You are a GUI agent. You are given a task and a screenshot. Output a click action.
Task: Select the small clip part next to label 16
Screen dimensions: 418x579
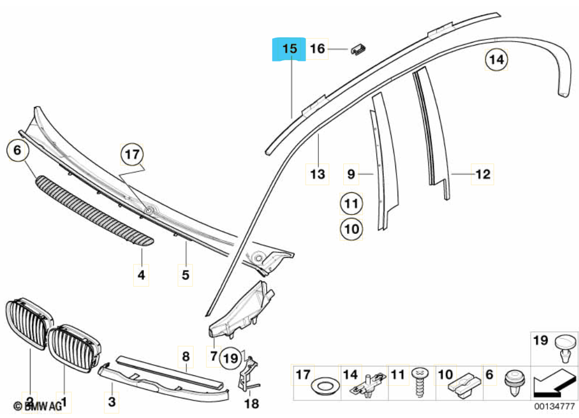[359, 49]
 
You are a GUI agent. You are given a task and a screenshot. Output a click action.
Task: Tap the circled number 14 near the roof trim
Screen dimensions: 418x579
[497, 60]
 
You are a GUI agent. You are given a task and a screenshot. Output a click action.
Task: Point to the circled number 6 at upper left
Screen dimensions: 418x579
[17, 150]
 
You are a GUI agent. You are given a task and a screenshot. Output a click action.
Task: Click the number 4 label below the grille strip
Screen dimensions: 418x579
[141, 274]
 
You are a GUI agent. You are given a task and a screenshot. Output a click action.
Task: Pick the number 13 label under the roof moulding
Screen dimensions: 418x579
[317, 175]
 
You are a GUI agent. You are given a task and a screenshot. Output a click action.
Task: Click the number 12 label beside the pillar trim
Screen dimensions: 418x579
[482, 175]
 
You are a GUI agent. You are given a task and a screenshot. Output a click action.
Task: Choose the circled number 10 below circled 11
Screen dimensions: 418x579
[351, 228]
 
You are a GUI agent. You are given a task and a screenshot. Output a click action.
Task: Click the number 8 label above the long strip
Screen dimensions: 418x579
[186, 356]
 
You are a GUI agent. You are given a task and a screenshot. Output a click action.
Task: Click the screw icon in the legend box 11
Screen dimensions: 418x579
[420, 381]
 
